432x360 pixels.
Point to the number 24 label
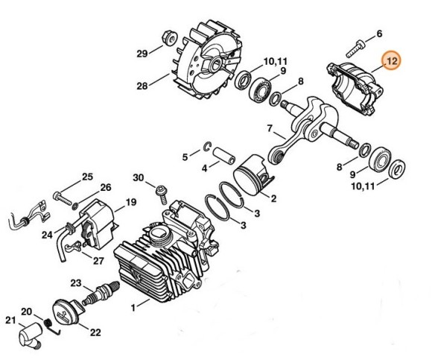(x=46, y=235)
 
